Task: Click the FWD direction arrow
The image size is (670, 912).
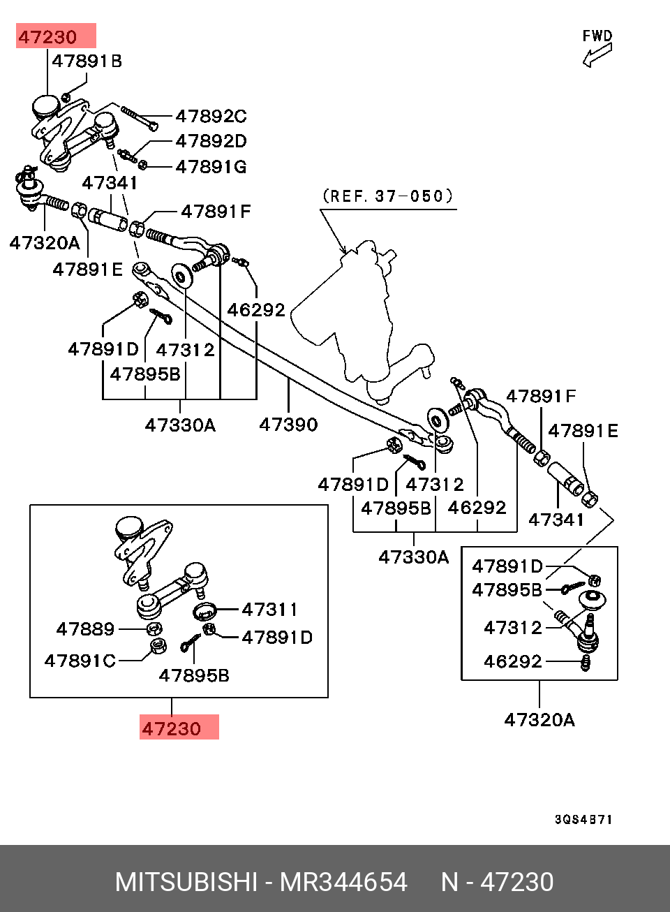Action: coord(597,54)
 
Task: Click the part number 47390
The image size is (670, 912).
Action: coord(288,425)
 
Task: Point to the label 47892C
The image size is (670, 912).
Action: coord(211,116)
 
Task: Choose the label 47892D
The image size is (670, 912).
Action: coord(211,141)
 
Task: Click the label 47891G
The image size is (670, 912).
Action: coord(211,166)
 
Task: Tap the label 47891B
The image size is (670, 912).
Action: coord(87,61)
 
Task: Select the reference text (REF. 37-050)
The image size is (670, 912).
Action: coord(388,196)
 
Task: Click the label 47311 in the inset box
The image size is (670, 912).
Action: coord(269,610)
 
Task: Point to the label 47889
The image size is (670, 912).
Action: coord(85,629)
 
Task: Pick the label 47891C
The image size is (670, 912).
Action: coord(80,661)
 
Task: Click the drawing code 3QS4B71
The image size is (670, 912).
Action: coord(583,819)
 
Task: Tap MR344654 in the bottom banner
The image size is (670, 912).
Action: coord(343,882)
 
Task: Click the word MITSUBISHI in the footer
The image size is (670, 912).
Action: coord(186,882)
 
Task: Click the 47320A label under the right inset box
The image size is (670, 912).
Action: coord(539,719)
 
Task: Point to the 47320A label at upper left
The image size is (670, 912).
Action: coord(45,243)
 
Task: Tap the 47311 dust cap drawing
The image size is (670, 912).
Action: coord(205,611)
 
